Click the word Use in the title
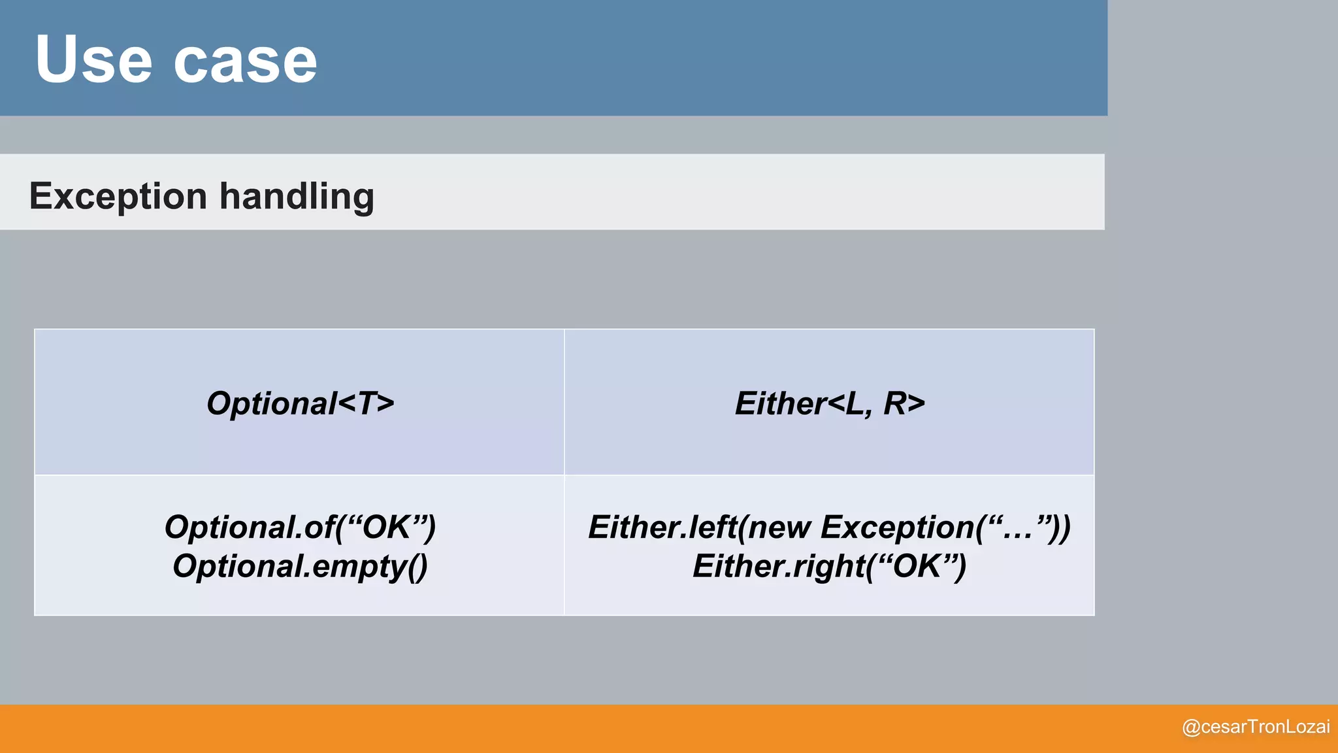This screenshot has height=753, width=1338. point(93,60)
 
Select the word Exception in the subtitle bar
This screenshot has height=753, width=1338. point(118,196)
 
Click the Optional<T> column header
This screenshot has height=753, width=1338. point(300,403)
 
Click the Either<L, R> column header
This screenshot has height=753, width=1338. point(830,403)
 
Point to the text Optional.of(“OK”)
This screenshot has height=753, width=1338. point(300,527)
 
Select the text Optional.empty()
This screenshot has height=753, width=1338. point(300,566)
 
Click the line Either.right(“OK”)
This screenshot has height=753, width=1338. point(829,566)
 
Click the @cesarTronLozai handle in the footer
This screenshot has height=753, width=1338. point(1256,727)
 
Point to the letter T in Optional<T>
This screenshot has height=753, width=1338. point(367,403)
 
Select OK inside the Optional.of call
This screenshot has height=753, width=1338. point(386,527)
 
